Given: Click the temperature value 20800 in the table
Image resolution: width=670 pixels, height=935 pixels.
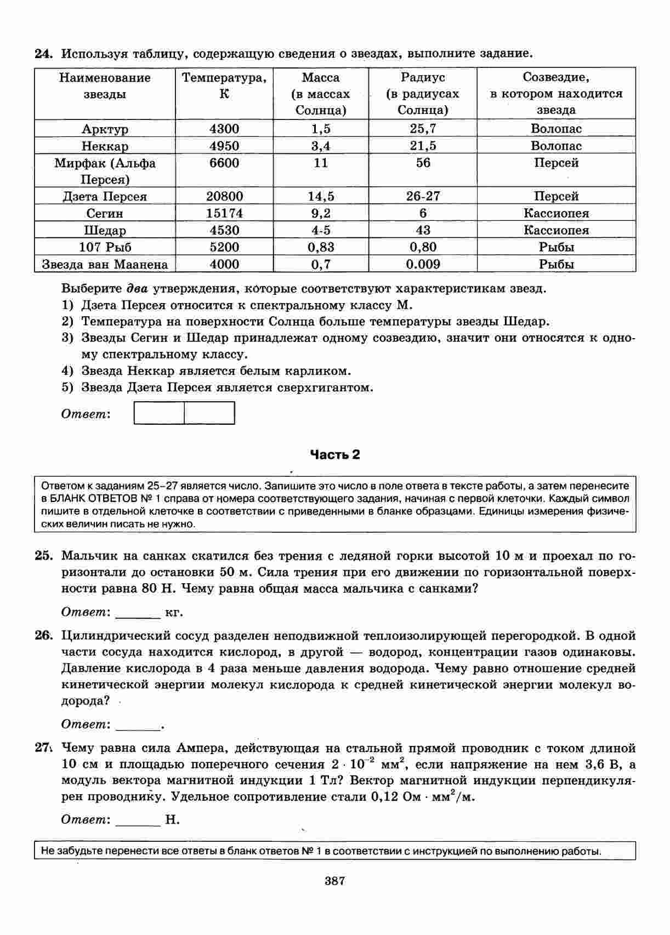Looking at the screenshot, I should pyautogui.click(x=224, y=196).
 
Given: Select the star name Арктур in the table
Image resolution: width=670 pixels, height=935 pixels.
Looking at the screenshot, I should pyautogui.click(x=105, y=129).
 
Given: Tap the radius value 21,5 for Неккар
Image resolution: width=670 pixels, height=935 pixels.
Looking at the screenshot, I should pyautogui.click(x=423, y=146).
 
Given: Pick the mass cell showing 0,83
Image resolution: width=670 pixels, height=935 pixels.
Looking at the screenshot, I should pyautogui.click(x=321, y=247).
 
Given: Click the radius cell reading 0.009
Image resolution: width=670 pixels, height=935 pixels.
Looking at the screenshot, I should pyautogui.click(x=423, y=264).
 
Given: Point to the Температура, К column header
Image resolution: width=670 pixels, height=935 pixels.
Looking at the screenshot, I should pyautogui.click(x=224, y=85).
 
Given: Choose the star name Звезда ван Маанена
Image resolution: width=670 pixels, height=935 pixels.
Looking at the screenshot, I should pyautogui.click(x=105, y=264).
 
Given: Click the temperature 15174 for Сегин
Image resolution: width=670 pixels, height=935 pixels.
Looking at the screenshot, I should pyautogui.click(x=224, y=213).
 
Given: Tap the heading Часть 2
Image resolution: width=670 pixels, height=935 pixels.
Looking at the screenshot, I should pyautogui.click(x=335, y=454).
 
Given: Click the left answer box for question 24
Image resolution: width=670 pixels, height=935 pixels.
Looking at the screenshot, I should pyautogui.click(x=159, y=413).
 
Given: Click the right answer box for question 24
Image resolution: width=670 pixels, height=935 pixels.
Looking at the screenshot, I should pyautogui.click(x=209, y=413).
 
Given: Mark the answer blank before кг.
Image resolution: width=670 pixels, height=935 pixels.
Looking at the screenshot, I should pyautogui.click(x=138, y=613).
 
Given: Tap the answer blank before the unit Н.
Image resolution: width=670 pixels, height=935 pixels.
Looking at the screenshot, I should pyautogui.click(x=138, y=820).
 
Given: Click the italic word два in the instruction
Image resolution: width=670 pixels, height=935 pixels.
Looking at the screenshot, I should pyautogui.click(x=137, y=289).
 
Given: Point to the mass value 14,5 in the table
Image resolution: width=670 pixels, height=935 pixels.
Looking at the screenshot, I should pyautogui.click(x=321, y=196).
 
